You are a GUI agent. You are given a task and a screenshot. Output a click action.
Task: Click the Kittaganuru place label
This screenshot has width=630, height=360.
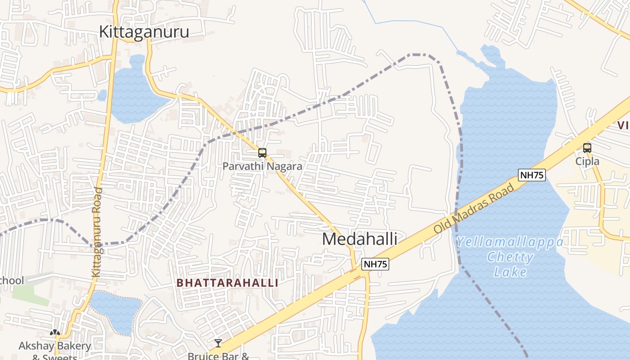[144, 32]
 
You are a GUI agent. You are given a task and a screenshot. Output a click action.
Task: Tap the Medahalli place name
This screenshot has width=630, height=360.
[360, 239]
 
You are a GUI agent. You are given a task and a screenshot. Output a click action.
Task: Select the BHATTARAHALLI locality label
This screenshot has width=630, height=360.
[227, 283]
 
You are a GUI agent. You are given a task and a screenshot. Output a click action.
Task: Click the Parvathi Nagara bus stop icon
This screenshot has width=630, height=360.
[262, 153]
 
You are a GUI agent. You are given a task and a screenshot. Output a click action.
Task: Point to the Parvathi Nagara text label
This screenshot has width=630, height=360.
[262, 166]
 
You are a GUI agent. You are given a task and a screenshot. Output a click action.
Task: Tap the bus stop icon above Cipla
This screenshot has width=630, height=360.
[587, 148]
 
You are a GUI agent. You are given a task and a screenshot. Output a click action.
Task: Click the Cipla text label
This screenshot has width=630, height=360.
[588, 161]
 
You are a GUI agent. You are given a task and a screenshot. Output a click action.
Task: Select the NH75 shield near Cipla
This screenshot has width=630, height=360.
[532, 175]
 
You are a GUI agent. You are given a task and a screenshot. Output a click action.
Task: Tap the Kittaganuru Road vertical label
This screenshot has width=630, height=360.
[97, 232]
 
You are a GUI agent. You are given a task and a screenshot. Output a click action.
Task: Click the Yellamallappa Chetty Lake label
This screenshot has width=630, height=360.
[510, 257]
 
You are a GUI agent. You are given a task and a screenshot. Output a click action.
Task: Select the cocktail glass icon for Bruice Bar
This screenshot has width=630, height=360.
[218, 343]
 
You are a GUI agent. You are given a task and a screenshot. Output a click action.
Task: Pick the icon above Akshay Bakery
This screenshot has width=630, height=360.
[55, 333]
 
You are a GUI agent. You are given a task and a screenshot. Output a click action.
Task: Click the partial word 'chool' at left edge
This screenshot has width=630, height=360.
[12, 280]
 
